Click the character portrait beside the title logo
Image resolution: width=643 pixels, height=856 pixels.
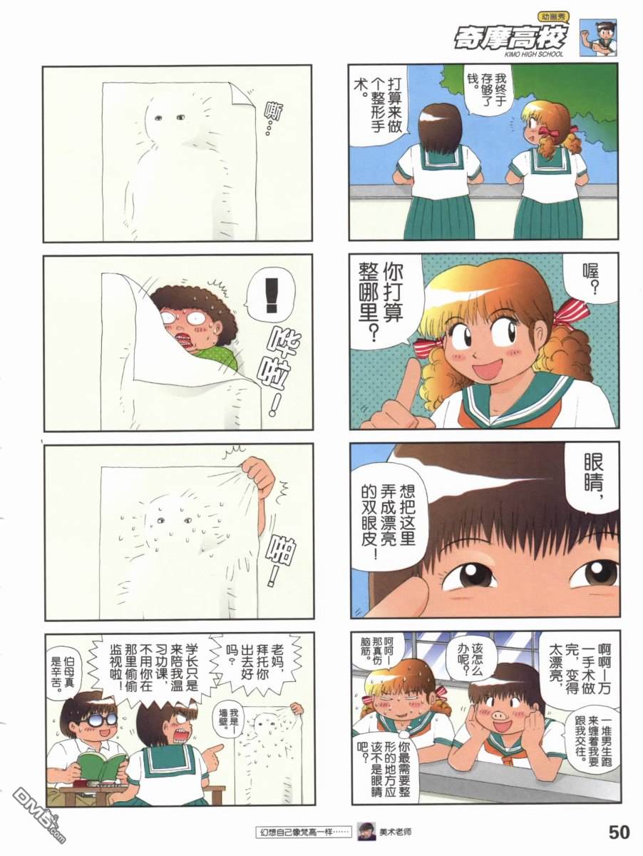pos(598,37)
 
